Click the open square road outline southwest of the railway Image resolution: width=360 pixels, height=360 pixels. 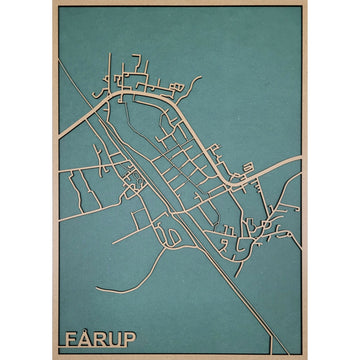pyautogui.click(x=132, y=181)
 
